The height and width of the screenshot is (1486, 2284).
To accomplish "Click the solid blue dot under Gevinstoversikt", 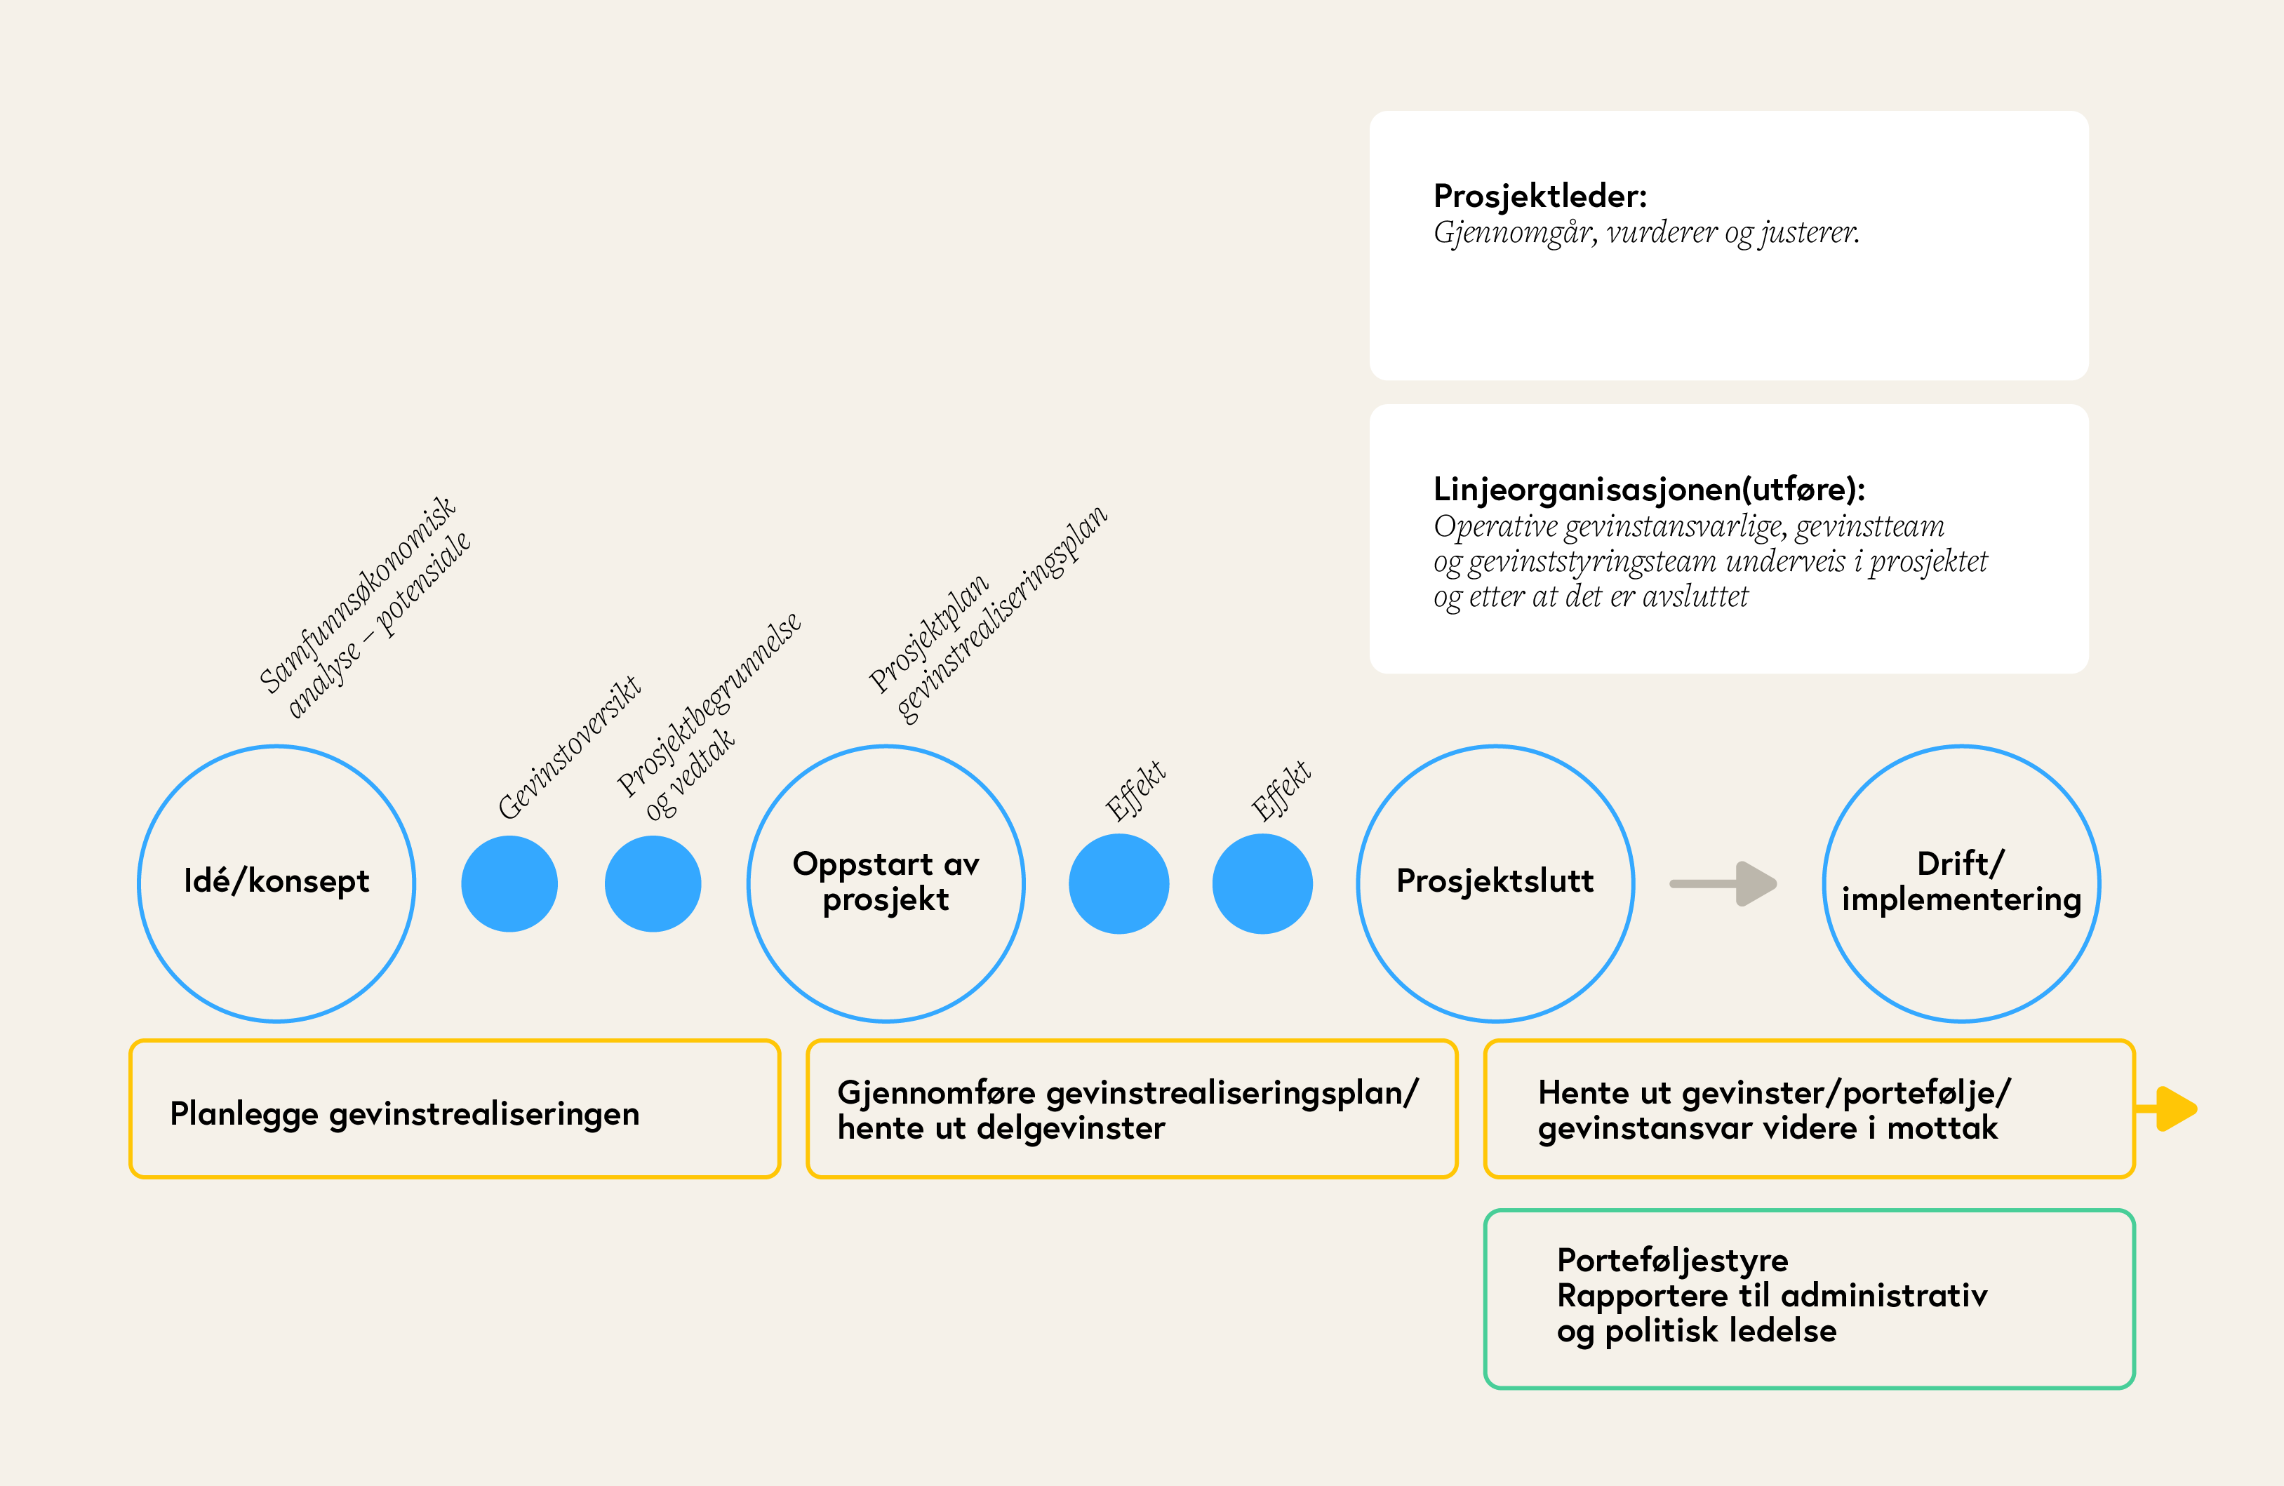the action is click(509, 883).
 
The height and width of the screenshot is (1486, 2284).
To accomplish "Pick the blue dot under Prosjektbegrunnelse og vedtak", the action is click(653, 883).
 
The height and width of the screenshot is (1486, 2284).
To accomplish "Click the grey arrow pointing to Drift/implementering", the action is click(1723, 883).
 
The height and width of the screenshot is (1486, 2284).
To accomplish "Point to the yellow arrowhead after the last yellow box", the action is click(2175, 1109).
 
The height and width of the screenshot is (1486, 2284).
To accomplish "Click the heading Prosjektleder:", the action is click(1540, 196).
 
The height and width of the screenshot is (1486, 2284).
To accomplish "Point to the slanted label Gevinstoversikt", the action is click(568, 747).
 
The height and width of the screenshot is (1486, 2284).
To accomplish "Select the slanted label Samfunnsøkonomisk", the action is click(357, 595).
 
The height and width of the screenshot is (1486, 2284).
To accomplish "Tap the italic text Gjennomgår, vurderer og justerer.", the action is click(1646, 233).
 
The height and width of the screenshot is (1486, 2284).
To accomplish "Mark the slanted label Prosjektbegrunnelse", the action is click(708, 704).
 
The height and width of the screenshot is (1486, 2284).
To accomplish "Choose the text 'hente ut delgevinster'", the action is click(1001, 1128).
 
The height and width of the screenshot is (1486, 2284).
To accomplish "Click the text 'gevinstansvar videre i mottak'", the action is click(1768, 1128).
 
